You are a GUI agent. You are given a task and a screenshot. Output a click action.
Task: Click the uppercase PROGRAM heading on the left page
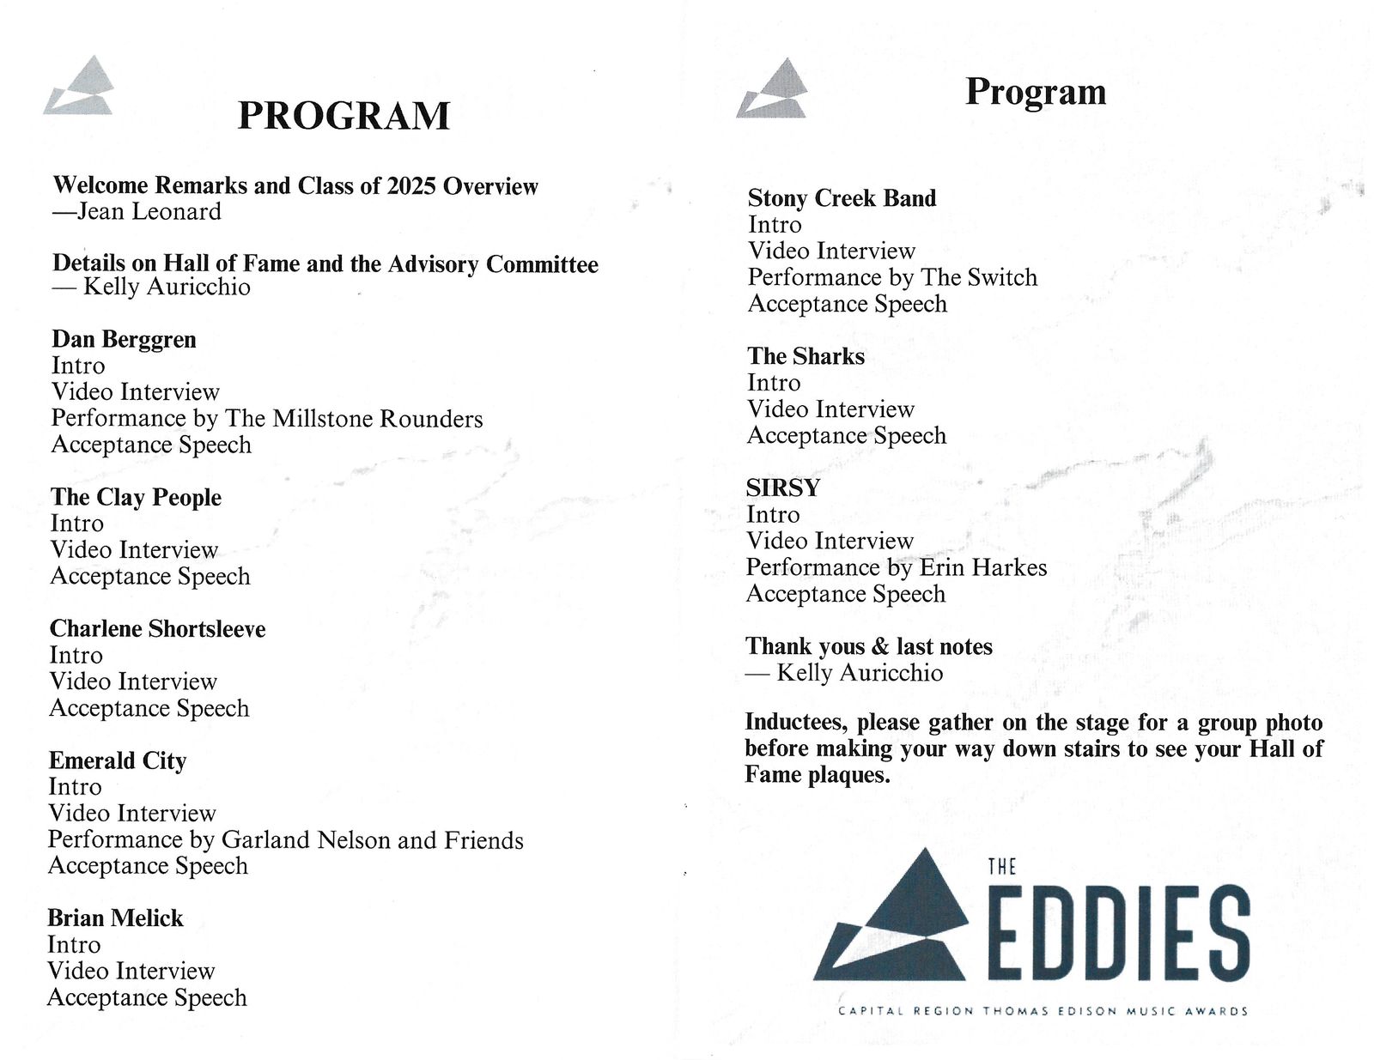(x=343, y=116)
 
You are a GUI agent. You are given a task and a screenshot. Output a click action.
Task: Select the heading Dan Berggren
(x=124, y=340)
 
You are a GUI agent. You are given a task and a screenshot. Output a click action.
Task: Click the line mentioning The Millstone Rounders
(x=267, y=419)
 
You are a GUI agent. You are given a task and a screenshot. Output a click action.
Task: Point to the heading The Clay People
(x=136, y=498)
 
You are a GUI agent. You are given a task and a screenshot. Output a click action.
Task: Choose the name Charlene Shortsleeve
(x=157, y=629)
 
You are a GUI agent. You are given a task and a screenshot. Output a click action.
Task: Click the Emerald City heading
(x=118, y=761)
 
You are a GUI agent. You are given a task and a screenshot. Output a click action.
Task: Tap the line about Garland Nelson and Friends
(x=285, y=840)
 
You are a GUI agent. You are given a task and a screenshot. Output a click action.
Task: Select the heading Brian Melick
(x=115, y=918)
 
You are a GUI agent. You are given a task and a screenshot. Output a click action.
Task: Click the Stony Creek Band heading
(x=842, y=198)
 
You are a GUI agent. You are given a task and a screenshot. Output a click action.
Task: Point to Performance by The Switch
(x=892, y=277)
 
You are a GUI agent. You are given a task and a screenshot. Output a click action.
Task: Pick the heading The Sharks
(x=806, y=356)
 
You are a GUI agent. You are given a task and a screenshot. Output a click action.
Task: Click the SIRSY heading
(x=782, y=488)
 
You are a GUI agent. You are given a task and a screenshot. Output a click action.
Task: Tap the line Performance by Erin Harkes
(x=896, y=567)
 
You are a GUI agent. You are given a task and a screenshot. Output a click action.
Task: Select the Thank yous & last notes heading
(x=868, y=646)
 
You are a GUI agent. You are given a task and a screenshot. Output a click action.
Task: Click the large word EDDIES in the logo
(x=1118, y=934)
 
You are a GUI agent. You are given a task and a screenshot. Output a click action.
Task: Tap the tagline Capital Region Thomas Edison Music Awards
(x=1043, y=1011)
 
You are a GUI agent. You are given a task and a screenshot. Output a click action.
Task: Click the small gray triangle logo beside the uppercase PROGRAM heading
(x=79, y=86)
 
